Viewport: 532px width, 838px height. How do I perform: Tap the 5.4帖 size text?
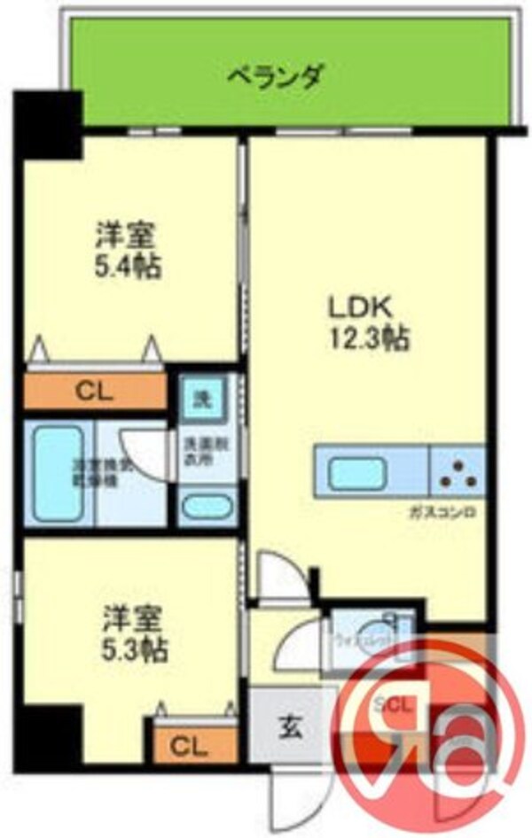126,266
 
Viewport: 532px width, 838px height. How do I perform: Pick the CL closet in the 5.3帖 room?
189,747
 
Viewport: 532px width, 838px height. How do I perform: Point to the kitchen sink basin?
357,473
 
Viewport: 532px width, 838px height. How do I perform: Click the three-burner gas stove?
458,471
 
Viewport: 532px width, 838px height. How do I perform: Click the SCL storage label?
391,706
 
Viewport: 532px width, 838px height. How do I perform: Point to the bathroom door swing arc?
144,453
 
